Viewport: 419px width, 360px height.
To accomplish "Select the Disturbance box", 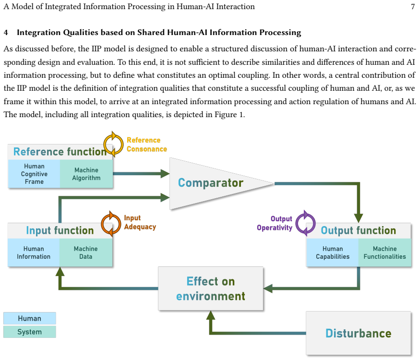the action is point(359,333).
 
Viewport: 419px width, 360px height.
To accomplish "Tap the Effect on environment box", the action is point(211,288).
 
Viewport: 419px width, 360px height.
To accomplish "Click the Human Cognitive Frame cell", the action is point(34,174).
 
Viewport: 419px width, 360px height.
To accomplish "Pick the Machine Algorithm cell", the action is point(86,174).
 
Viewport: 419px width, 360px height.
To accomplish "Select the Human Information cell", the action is point(34,252).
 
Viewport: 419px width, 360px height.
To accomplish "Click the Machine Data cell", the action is point(86,252).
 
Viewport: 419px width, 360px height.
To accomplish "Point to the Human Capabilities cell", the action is point(333,252).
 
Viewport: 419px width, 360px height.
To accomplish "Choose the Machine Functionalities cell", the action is point(384,252).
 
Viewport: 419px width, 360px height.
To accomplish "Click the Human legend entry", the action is point(30,318).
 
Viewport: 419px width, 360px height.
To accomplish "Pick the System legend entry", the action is point(30,332).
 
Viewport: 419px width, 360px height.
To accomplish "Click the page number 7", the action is point(413,6).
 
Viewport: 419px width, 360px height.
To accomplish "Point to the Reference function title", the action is point(60,152).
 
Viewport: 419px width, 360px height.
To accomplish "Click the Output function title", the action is point(359,230).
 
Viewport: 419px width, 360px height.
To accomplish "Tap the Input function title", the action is point(60,230).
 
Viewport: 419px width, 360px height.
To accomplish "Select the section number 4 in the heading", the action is point(6,33).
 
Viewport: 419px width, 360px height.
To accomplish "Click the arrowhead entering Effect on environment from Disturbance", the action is point(211,315).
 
